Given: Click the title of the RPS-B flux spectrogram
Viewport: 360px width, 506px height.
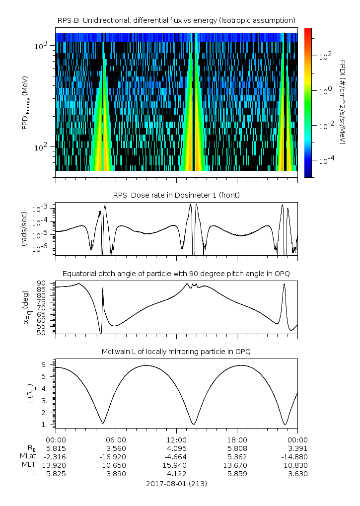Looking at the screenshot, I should (x=176, y=20).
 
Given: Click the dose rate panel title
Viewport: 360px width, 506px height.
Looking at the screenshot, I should (x=176, y=195).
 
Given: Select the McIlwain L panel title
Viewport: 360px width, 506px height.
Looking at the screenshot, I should (x=176, y=352).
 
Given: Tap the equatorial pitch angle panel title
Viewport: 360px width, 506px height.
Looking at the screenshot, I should (x=176, y=274).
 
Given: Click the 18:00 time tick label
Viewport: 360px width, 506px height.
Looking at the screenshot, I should (x=237, y=439).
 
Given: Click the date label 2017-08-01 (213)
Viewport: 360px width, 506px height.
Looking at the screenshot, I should (x=176, y=483).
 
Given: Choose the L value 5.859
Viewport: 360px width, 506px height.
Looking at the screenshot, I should (x=237, y=473).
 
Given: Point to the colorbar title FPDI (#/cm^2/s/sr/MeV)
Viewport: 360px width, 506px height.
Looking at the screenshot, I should (x=343, y=102).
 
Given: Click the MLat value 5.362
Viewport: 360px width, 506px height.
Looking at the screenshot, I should (x=237, y=456).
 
